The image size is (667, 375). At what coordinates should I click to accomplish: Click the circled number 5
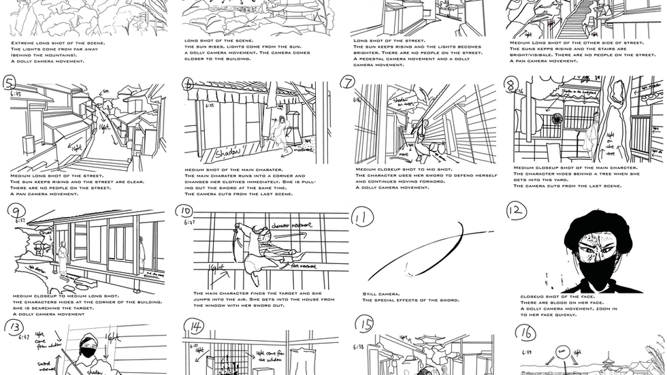pyautogui.click(x=9, y=84)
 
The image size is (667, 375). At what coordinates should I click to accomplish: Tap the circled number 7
pyautogui.click(x=348, y=82)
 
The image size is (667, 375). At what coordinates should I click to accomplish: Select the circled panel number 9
pyautogui.click(x=12, y=215)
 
